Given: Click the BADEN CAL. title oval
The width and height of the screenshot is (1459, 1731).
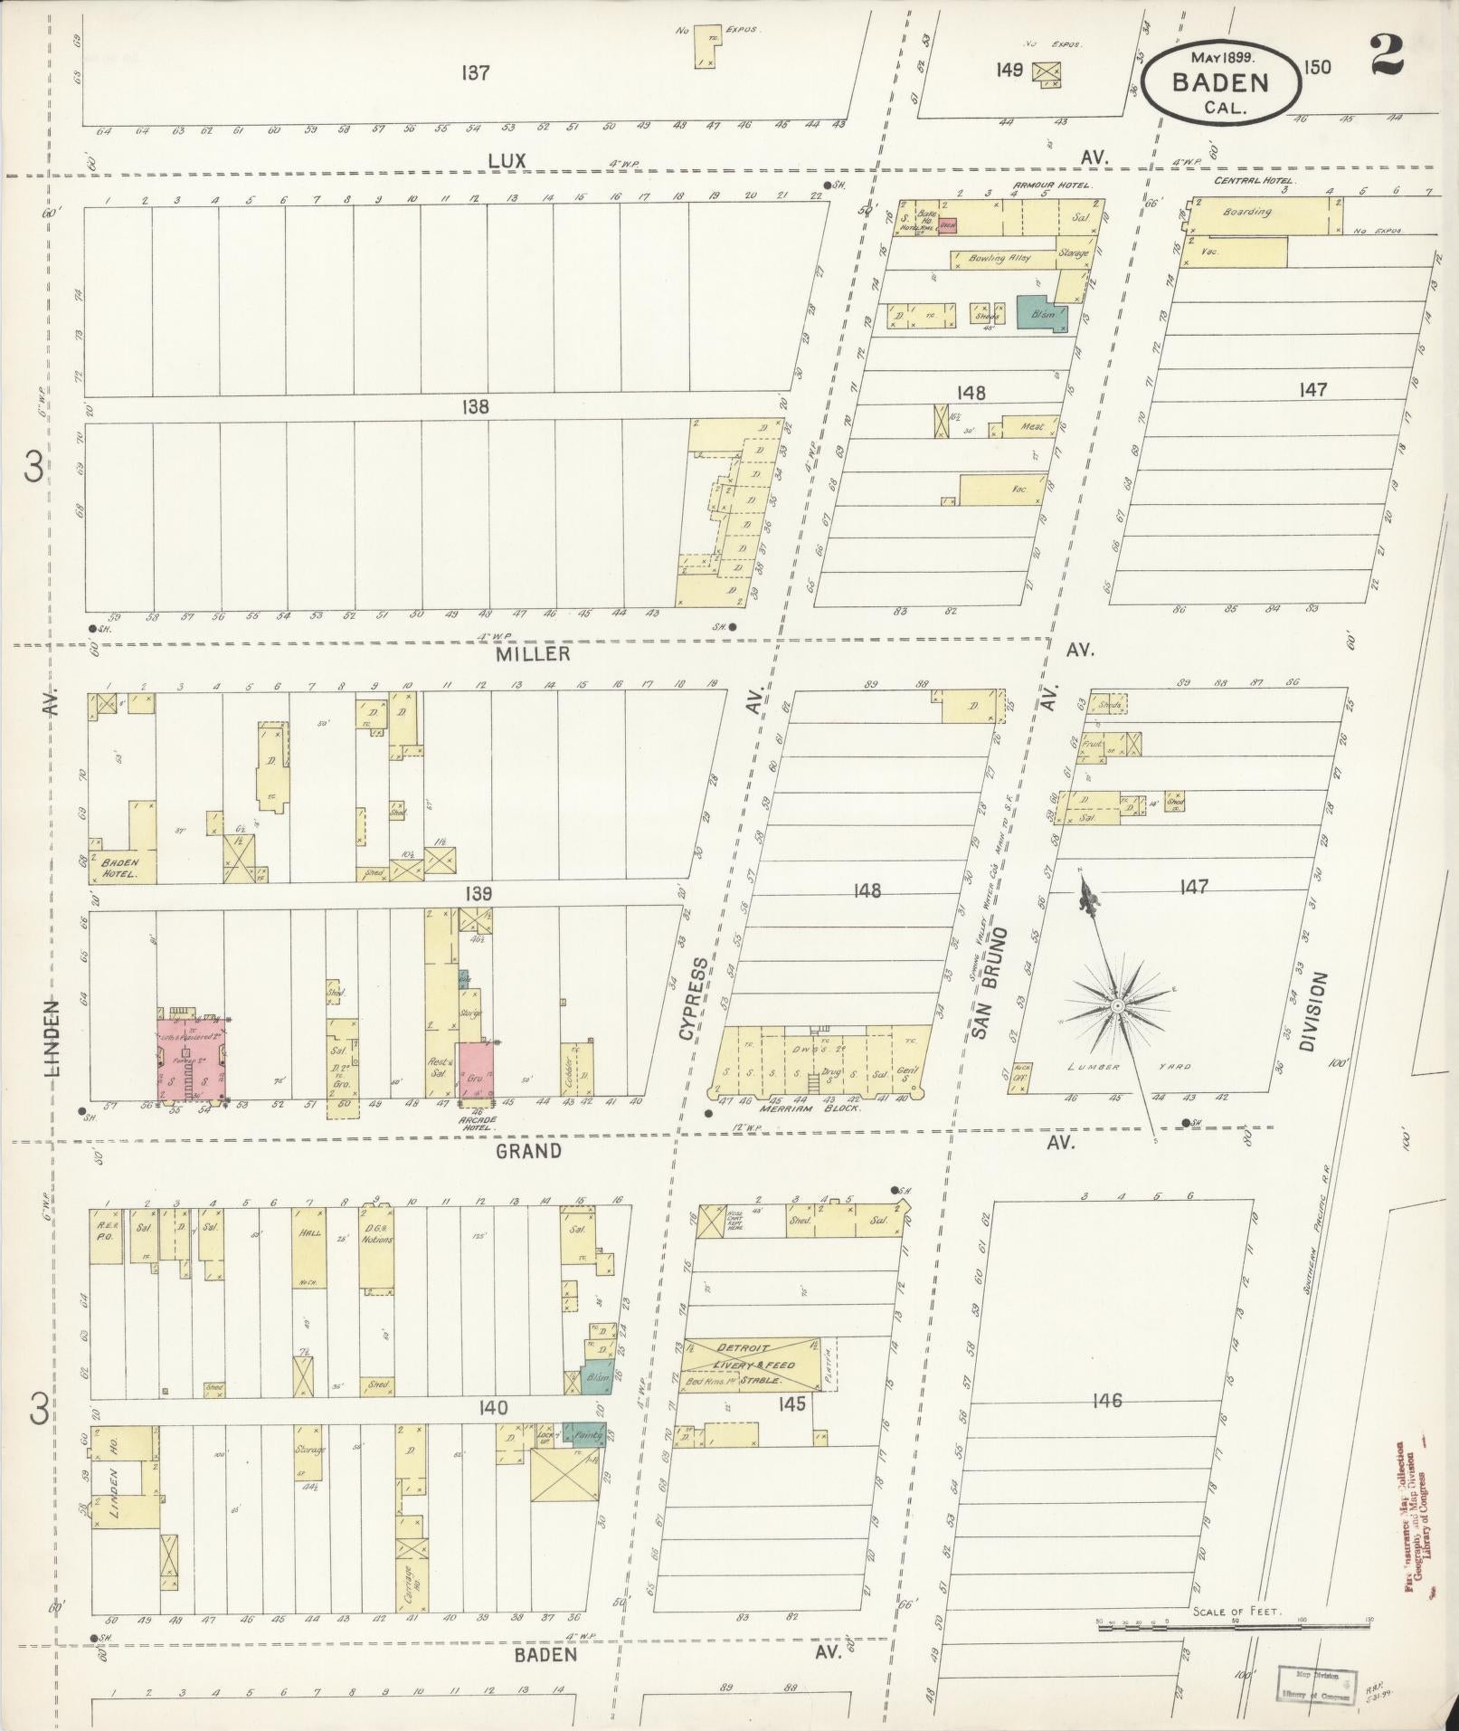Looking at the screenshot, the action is pos(1220,82).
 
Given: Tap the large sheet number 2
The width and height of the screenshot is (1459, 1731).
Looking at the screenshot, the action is pos(1386,55).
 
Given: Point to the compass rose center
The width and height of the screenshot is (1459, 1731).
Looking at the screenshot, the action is pos(1118,1005).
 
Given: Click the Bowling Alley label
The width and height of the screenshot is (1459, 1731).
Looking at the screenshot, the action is pos(1000,258).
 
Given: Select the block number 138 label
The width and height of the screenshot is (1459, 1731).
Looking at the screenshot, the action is pos(475,407).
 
